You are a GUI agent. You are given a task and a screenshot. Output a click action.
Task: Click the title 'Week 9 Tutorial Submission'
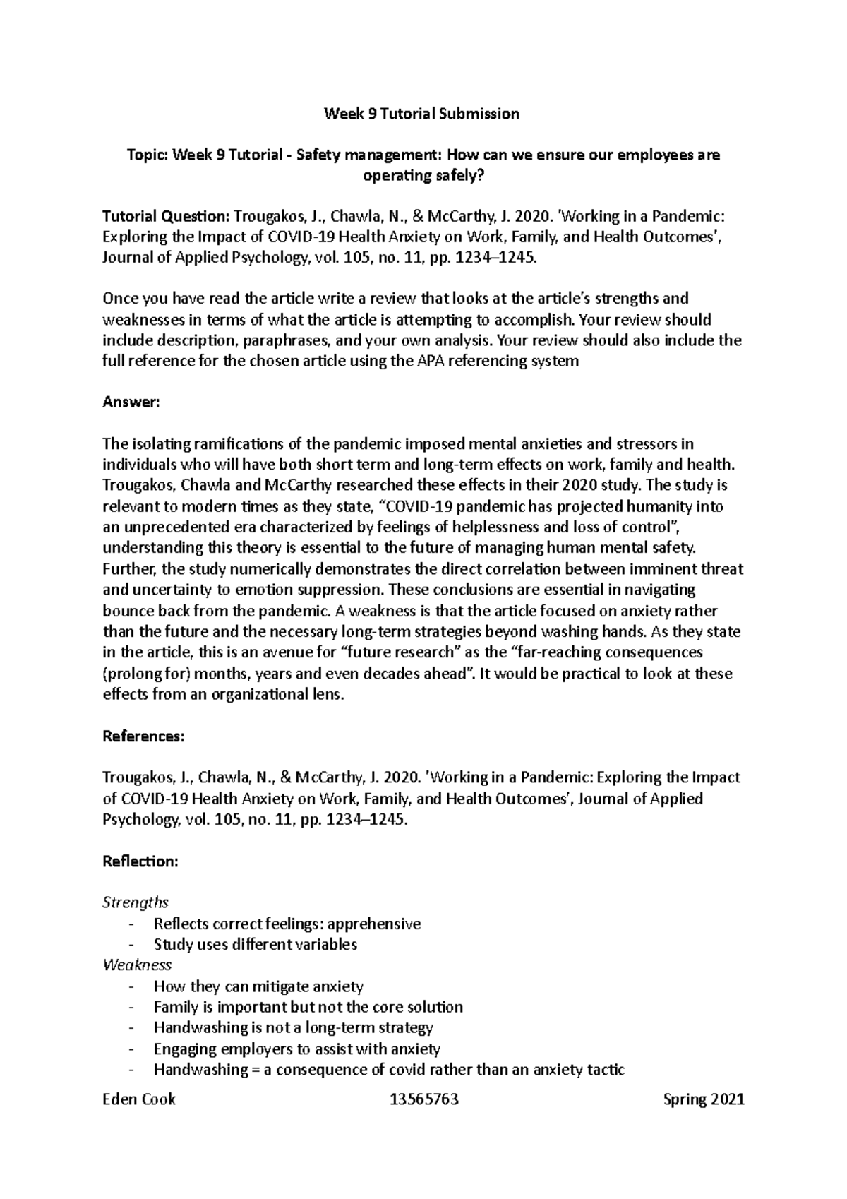(x=421, y=114)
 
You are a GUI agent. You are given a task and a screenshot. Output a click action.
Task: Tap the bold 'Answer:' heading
(x=132, y=402)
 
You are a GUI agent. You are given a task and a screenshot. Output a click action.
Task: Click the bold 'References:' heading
(x=143, y=736)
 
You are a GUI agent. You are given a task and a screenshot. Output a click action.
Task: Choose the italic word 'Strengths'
(x=136, y=902)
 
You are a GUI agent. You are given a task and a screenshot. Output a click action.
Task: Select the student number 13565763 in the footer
(x=423, y=1099)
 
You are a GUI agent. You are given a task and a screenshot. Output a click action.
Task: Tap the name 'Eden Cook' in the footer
(x=139, y=1099)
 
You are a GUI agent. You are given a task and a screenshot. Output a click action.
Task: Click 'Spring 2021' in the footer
(x=704, y=1099)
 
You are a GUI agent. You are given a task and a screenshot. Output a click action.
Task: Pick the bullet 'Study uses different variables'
(x=256, y=944)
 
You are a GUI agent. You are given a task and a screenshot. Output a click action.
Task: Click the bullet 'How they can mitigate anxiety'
(x=258, y=986)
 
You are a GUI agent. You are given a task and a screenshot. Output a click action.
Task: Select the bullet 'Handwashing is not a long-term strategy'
(x=293, y=1027)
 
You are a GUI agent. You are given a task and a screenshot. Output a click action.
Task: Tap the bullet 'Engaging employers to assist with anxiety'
(x=296, y=1049)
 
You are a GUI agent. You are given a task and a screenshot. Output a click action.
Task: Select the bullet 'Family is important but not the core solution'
(x=308, y=1007)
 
